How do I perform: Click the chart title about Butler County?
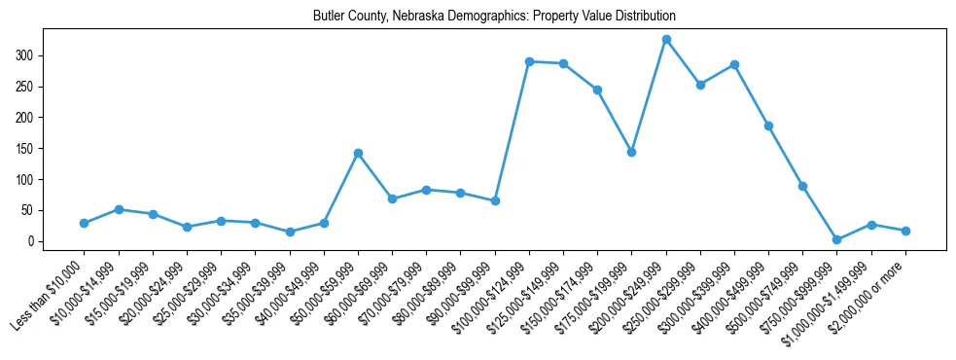[494, 17]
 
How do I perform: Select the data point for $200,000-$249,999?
[666, 39]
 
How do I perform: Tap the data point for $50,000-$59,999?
[358, 153]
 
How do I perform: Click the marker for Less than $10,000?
[84, 223]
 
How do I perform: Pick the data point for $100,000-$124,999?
[529, 61]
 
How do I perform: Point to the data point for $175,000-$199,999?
[632, 152]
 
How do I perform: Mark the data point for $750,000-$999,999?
[837, 239]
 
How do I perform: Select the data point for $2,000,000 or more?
[905, 231]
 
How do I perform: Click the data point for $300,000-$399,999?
[734, 64]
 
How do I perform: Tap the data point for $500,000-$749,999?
[803, 186]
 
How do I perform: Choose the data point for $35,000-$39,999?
[290, 232]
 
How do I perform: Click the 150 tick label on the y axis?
[28, 149]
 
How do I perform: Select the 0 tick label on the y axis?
[33, 241]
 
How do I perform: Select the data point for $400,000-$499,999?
[768, 126]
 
